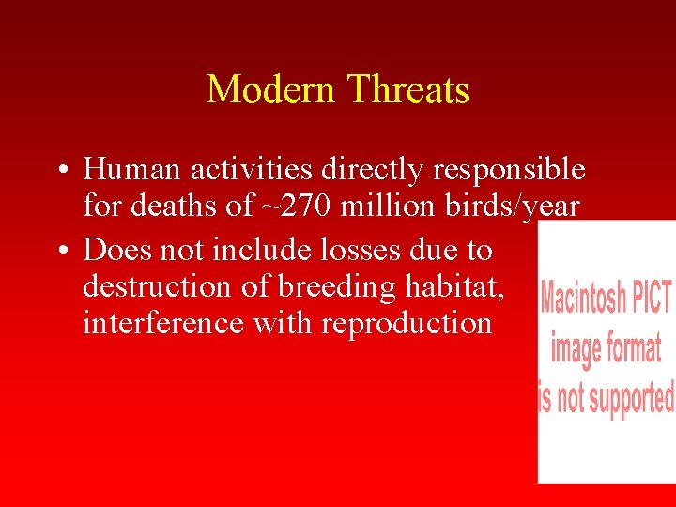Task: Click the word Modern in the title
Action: [x=271, y=90]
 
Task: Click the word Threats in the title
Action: [x=407, y=90]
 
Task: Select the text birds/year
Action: [x=514, y=207]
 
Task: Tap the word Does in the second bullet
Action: [x=115, y=250]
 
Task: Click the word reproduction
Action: [x=407, y=325]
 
